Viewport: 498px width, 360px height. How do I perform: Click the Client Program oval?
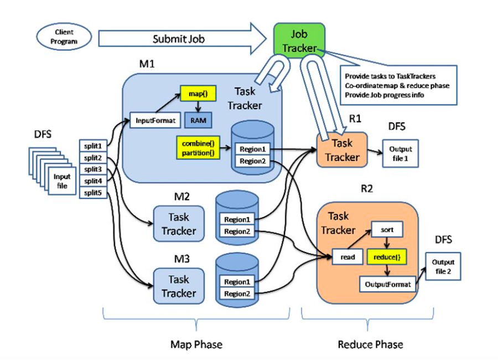(x=64, y=37)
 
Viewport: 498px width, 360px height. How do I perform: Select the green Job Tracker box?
(x=299, y=41)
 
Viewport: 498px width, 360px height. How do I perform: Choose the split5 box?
(x=92, y=193)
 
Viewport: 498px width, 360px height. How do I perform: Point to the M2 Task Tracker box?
(x=179, y=223)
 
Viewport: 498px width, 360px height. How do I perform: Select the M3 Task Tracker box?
(x=179, y=285)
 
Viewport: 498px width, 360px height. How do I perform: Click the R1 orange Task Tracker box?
(x=342, y=150)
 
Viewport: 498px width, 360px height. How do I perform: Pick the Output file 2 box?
(x=443, y=266)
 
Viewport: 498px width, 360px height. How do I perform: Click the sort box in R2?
(x=387, y=228)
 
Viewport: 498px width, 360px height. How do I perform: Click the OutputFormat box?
(x=387, y=285)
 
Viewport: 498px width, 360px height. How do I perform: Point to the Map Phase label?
(x=196, y=344)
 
